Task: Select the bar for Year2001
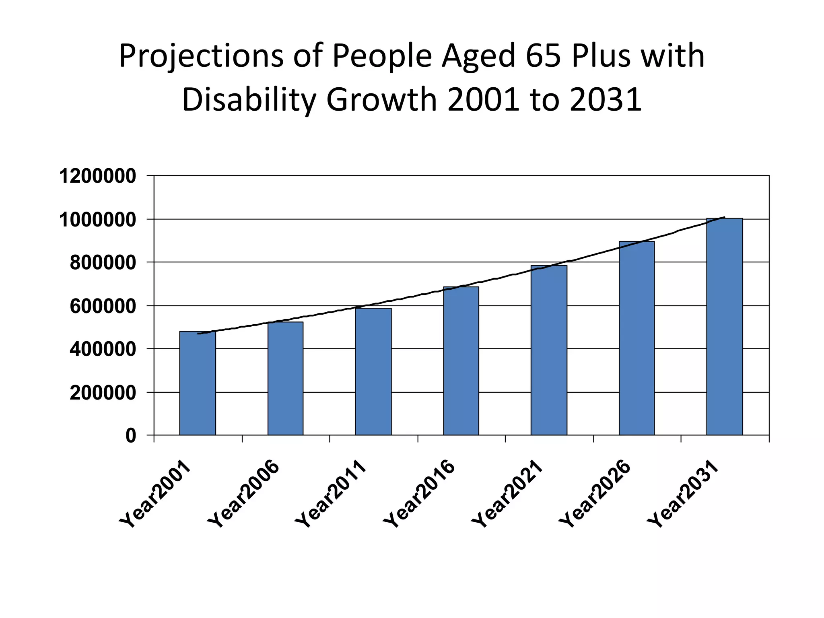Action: coord(198,383)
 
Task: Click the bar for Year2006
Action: coord(285,378)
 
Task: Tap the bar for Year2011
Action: coord(373,371)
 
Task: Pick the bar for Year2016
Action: coord(461,361)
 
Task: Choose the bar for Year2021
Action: coord(549,350)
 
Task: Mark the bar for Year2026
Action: coord(637,338)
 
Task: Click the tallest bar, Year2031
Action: coord(725,326)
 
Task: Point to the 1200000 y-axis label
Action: coord(98,176)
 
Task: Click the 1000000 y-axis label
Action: coord(98,220)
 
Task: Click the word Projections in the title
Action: coord(201,56)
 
